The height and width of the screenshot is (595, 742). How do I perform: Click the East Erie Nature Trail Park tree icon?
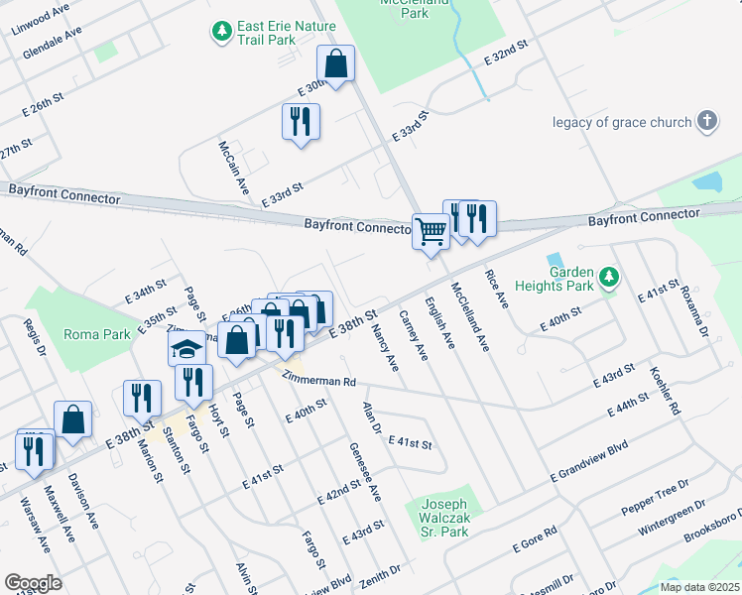[221, 34]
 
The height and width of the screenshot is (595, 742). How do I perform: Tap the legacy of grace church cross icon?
[707, 122]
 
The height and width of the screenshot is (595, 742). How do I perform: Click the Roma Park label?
[97, 335]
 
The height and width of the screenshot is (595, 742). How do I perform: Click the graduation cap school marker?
[185, 348]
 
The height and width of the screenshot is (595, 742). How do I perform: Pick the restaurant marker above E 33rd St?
[301, 122]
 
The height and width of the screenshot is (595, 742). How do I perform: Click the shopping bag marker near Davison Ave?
[73, 419]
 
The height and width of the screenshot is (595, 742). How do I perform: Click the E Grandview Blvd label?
[589, 463]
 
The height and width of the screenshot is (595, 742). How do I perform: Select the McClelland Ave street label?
[470, 316]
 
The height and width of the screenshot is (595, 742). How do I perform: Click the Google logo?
[34, 583]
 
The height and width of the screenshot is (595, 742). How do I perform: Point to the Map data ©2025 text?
[700, 587]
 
